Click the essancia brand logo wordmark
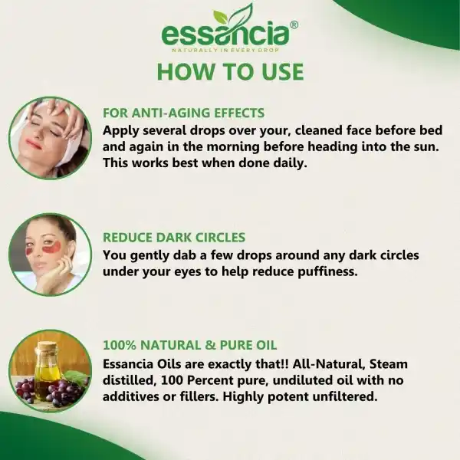coord(225,35)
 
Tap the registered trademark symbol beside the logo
coord(294,25)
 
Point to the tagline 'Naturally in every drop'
coord(225,50)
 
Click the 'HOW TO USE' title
coord(230,71)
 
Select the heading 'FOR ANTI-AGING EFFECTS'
coord(184,113)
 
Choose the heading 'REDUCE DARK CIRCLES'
coord(174,238)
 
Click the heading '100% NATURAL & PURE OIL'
coord(190,345)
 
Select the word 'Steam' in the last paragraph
coord(389,364)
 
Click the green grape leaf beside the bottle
coord(76,376)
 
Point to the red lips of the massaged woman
coord(33,144)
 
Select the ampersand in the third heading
coord(210,345)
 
